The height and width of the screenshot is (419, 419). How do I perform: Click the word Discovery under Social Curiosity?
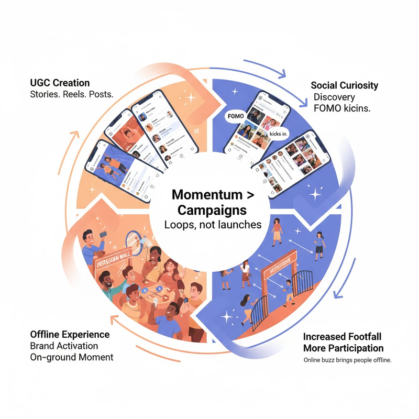[334, 97]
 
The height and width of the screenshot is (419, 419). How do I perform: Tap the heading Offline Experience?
[70, 334]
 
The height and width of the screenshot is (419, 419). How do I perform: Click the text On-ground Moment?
[71, 357]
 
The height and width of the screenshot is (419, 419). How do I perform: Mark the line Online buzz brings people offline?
[347, 360]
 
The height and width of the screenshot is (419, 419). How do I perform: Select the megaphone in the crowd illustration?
[134, 243]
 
